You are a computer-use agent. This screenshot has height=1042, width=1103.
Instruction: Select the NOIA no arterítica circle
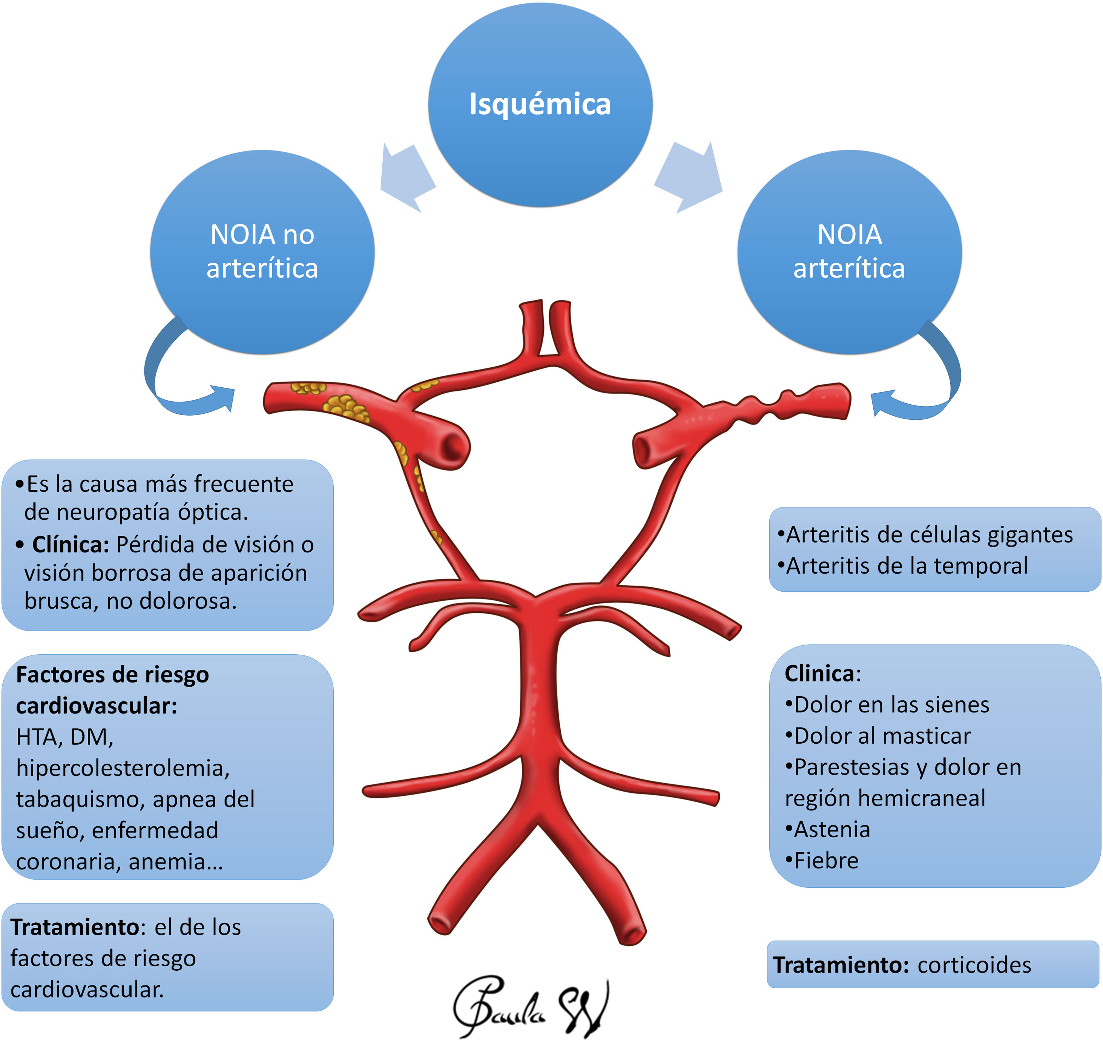click(x=262, y=251)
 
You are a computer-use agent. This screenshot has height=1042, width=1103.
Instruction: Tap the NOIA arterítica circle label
click(x=849, y=251)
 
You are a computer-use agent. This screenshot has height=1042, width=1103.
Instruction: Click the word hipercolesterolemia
click(x=123, y=768)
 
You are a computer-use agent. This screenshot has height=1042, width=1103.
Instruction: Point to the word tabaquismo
click(x=77, y=799)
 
